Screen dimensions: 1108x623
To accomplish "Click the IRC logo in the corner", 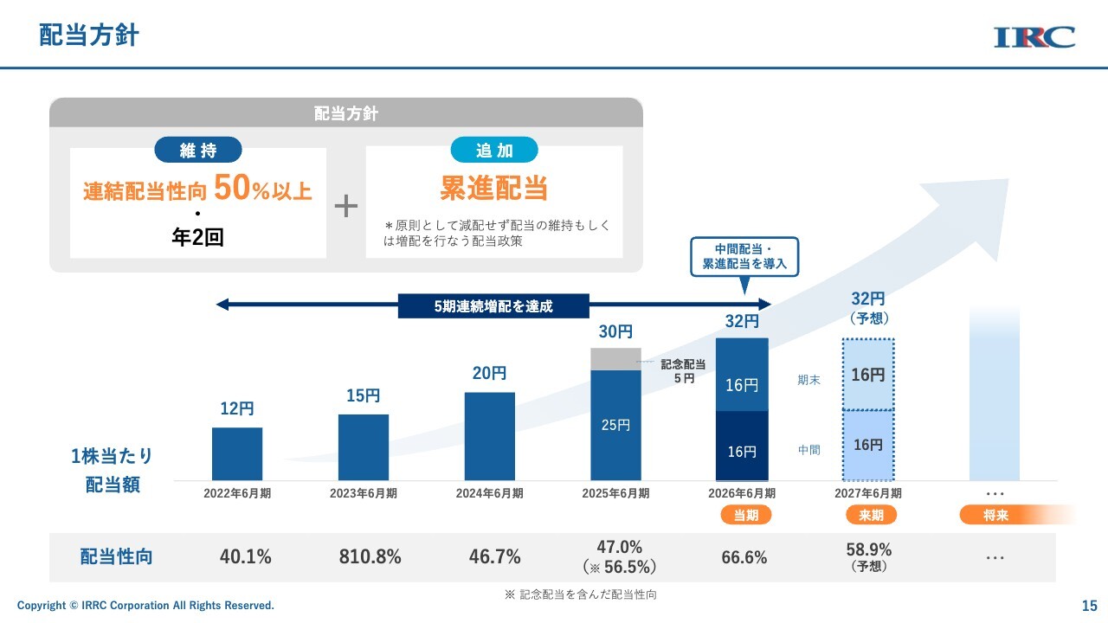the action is [x=1034, y=37].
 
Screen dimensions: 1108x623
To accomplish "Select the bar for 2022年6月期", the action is [x=237, y=454].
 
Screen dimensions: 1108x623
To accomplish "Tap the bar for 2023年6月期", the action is [x=363, y=447].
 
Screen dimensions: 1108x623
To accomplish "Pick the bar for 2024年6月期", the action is [x=490, y=437].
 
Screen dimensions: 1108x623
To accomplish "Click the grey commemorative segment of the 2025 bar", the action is [x=615, y=359].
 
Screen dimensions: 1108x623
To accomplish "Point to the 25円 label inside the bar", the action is [x=615, y=425].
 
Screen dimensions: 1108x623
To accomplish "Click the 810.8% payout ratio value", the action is [x=370, y=556].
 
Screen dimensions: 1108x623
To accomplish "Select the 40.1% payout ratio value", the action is [x=245, y=556].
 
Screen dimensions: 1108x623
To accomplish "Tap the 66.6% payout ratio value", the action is [x=744, y=557].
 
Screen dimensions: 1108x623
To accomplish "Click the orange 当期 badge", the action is [x=746, y=515].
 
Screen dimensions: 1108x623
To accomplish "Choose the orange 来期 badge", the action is [x=871, y=515].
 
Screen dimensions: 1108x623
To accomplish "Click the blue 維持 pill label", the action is [x=198, y=150].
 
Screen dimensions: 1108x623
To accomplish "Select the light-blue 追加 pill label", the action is [x=494, y=150].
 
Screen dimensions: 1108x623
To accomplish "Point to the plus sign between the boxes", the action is [x=345, y=206].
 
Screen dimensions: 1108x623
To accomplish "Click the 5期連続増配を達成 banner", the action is [x=493, y=306].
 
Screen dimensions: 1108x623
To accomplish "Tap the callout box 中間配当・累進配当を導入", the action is [x=744, y=257].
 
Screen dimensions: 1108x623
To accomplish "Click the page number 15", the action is [x=1090, y=606].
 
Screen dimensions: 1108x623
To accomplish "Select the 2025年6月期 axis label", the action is [x=615, y=493].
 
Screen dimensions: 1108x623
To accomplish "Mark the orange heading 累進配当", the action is [x=493, y=188].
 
